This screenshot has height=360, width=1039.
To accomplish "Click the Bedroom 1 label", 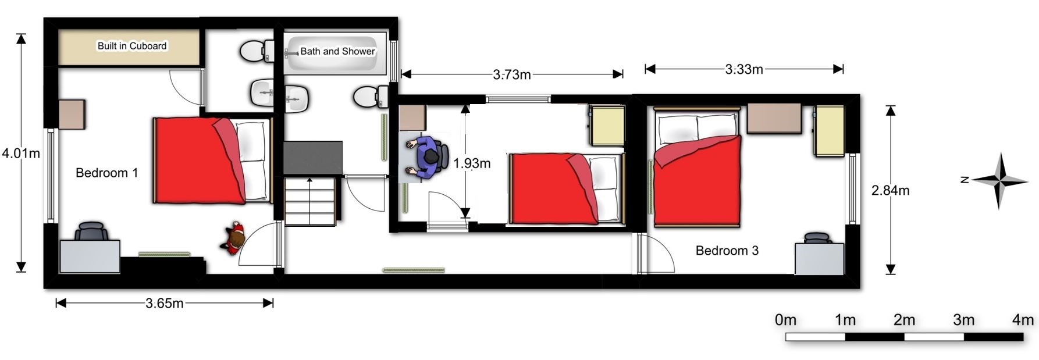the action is pyautogui.click(x=107, y=173).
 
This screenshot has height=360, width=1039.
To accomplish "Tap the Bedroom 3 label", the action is pyautogui.click(x=727, y=251).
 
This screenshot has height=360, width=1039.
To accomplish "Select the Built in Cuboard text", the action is pyautogui.click(x=132, y=46).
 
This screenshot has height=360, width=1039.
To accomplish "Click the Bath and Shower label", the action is pyautogui.click(x=337, y=51).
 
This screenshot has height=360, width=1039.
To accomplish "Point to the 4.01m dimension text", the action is pyautogui.click(x=21, y=154).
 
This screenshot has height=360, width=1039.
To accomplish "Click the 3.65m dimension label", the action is pyautogui.click(x=165, y=303).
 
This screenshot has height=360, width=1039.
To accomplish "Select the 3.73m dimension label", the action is pyautogui.click(x=512, y=74).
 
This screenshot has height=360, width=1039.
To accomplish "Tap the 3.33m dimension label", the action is pyautogui.click(x=744, y=69).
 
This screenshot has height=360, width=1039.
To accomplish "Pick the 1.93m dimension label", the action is pyautogui.click(x=472, y=163).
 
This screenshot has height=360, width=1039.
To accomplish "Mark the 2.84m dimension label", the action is pyautogui.click(x=891, y=190).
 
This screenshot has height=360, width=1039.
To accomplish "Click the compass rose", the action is pyautogui.click(x=999, y=181).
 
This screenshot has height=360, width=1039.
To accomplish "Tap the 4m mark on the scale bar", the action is pyautogui.click(x=1023, y=320).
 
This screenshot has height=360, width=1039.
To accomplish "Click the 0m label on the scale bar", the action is pyautogui.click(x=785, y=320).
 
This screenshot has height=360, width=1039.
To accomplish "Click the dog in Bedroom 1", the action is pyautogui.click(x=233, y=237).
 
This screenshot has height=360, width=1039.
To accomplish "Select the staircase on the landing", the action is pyautogui.click(x=310, y=201).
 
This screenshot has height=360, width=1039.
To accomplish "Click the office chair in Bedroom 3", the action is pyautogui.click(x=817, y=238).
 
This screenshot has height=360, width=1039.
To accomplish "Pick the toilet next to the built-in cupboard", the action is pyautogui.click(x=257, y=51).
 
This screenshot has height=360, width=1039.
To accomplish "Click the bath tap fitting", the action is pyautogui.click(x=291, y=54).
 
